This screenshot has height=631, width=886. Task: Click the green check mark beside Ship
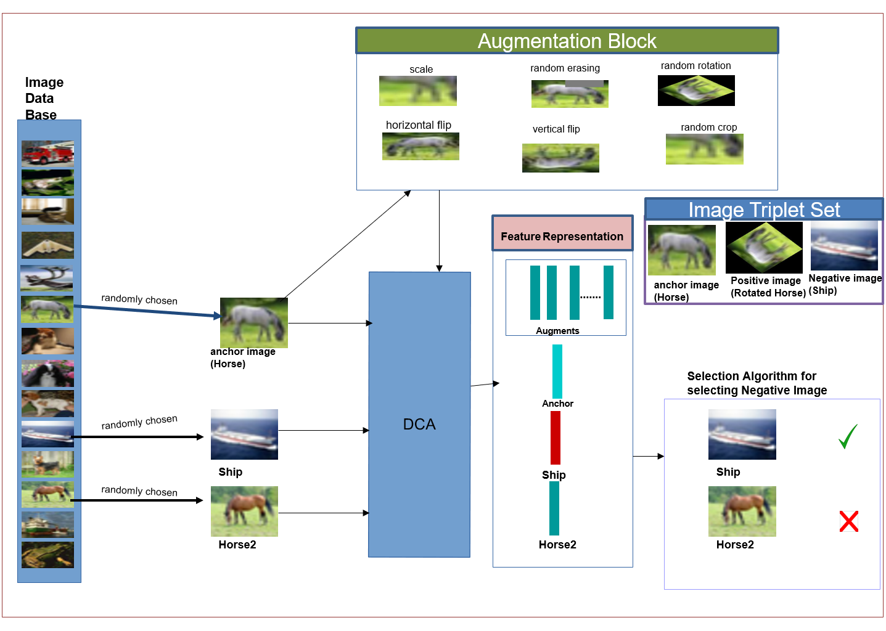pyautogui.click(x=848, y=436)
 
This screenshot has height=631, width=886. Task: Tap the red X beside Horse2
pyautogui.click(x=849, y=521)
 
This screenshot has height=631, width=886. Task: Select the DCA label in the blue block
pyautogui.click(x=419, y=424)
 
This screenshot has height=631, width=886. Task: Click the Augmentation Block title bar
pyautogui.click(x=567, y=41)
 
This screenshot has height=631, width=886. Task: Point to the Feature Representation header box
pyautogui.click(x=562, y=234)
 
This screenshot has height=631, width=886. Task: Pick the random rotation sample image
pyautogui.click(x=696, y=91)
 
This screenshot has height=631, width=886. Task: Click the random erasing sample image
pyautogui.click(x=570, y=94)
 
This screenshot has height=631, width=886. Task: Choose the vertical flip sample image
pyautogui.click(x=560, y=158)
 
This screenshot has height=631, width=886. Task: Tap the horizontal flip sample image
pyautogui.click(x=420, y=146)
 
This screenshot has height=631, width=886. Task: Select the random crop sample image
pyautogui.click(x=705, y=149)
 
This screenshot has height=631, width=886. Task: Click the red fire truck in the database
pyautogui.click(x=47, y=153)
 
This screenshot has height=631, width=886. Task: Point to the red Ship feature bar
pyautogui.click(x=556, y=438)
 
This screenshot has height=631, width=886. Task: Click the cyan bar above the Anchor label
pyautogui.click(x=557, y=371)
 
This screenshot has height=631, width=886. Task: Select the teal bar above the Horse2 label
pyautogui.click(x=554, y=508)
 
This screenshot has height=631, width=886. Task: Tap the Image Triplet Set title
pyautogui.click(x=764, y=210)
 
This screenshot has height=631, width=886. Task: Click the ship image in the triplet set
pyautogui.click(x=844, y=245)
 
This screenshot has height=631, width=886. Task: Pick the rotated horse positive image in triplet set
pyautogui.click(x=764, y=248)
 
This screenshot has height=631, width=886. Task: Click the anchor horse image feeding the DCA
pyautogui.click(x=254, y=323)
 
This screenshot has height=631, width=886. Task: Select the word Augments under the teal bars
pyautogui.click(x=557, y=330)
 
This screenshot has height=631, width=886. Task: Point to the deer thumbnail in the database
pyautogui.click(x=47, y=279)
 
